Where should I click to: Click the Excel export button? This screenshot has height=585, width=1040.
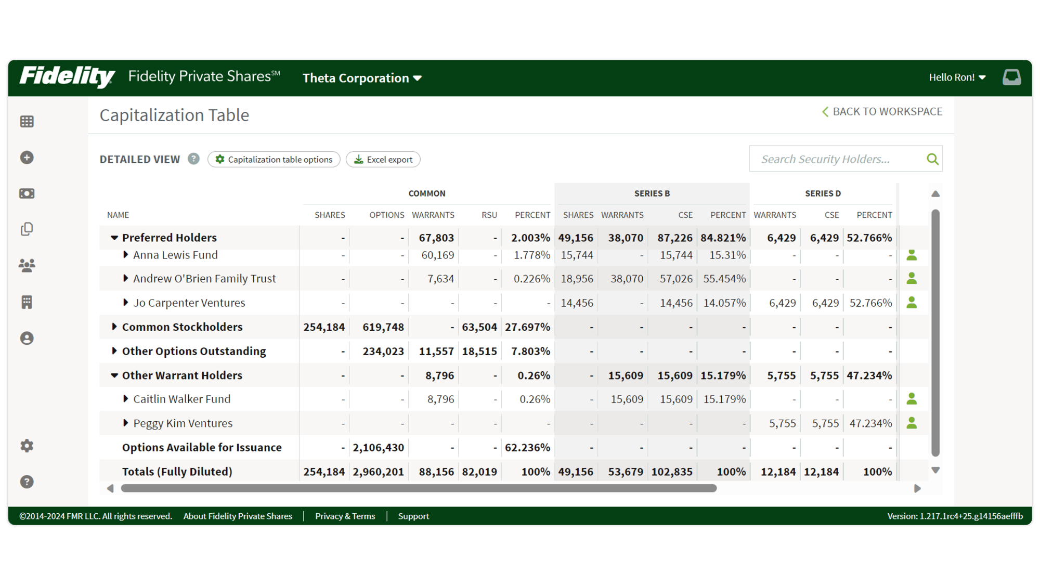tap(383, 160)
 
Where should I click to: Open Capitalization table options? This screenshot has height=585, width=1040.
tap(274, 160)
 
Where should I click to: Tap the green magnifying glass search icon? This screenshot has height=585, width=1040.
tap(932, 159)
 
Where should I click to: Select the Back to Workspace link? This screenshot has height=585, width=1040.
tap(882, 112)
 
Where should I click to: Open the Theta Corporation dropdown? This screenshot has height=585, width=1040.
tap(362, 78)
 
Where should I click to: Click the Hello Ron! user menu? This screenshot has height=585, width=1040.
tap(957, 77)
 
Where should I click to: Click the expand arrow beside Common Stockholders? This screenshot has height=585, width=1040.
tap(114, 327)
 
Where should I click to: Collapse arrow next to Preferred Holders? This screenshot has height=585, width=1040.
tap(114, 238)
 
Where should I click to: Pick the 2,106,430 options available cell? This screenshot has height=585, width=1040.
tap(378, 447)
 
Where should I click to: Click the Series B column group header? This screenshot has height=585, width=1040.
tap(652, 193)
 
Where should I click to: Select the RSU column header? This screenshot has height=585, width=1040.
tap(489, 215)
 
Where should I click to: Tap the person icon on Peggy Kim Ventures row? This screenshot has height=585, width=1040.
tap(912, 423)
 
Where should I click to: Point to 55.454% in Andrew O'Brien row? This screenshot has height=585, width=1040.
tap(724, 279)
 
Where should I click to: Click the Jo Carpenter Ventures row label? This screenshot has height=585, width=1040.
tap(189, 303)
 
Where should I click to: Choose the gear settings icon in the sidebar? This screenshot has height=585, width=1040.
tap(27, 446)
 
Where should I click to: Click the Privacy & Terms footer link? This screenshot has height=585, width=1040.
tap(345, 516)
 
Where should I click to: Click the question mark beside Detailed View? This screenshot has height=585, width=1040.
tap(193, 159)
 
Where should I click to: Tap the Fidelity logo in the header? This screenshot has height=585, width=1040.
tap(67, 77)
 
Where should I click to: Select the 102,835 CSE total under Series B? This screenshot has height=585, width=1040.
tap(672, 472)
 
